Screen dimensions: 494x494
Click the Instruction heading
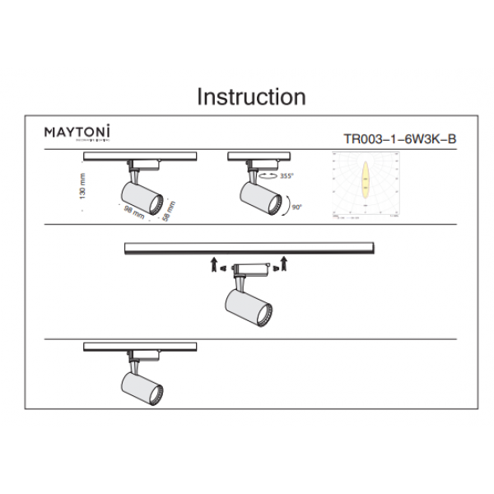(x=251, y=97)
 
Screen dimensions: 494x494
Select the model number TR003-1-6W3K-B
(x=398, y=140)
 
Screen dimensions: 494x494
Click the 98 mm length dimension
(x=134, y=212)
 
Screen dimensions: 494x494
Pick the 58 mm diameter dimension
(x=168, y=212)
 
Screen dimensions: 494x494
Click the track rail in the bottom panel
(x=140, y=347)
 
